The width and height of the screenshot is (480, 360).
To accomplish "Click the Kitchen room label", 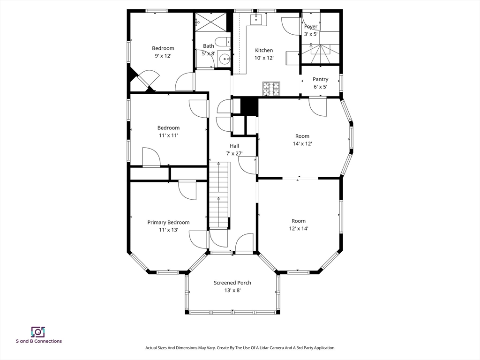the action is [264, 50].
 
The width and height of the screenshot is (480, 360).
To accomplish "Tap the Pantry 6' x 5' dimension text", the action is [320, 87].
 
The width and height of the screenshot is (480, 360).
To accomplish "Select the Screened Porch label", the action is [232, 283].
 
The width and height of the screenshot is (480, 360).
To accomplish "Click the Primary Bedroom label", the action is [168, 222].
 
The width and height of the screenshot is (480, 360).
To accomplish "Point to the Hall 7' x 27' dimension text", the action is [234, 153].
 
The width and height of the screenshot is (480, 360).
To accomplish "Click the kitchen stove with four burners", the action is [271, 89].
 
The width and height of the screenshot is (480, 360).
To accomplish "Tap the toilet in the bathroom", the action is [223, 41].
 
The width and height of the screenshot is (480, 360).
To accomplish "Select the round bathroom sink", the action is [225, 59].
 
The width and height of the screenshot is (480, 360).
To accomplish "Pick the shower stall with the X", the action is [211, 22].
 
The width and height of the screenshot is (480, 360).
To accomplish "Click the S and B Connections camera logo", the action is [38, 332].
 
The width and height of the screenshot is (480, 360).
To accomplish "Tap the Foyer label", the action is [311, 27].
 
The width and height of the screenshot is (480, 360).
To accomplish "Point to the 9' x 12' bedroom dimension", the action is [163, 56].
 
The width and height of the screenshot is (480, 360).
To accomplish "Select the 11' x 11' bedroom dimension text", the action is [168, 135].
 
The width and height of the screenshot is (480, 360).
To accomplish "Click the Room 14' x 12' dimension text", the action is [302, 143].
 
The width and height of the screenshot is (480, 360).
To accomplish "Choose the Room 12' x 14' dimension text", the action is [299, 228].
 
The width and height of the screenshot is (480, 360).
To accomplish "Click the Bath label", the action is [209, 46].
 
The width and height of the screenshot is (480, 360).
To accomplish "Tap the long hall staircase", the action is [219, 195].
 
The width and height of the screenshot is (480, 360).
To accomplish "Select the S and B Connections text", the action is [39, 341].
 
